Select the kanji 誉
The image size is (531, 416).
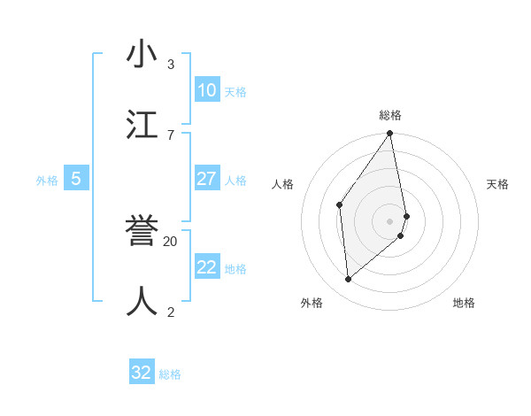coord(143,233)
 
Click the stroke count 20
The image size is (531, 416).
coord(171,241)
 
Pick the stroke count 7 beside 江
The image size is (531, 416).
coord(171,134)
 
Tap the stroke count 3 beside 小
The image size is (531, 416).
coord(171,65)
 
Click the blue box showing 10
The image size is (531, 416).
coord(206,90)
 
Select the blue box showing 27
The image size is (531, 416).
coord(206,179)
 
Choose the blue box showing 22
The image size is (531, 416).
coord(206,267)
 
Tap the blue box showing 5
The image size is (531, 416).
coord(76,179)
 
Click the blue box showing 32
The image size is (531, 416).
coord(142,373)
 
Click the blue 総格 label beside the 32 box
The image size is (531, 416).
coord(170,374)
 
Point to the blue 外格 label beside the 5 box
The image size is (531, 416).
coord(47,181)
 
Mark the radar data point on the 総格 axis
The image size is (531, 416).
coord(390,134)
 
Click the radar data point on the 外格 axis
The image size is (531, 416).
coord(348,280)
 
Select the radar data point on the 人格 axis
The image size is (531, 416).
coord(339,204)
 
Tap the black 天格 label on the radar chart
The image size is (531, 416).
coord(498,184)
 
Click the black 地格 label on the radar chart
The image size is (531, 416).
coord(464,303)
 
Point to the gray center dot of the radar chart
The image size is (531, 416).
coord(390,220)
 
